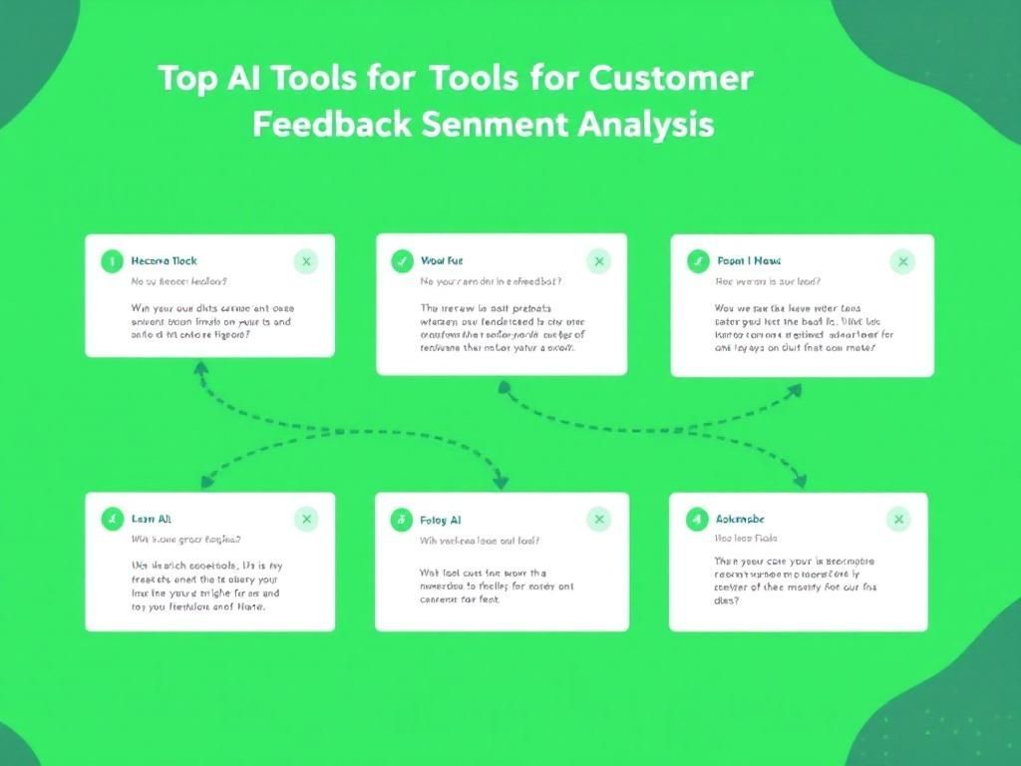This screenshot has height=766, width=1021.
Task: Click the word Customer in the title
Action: pos(671,78)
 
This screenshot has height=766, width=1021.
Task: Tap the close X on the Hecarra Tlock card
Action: pos(306,262)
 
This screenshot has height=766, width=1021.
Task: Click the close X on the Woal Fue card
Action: pos(599,262)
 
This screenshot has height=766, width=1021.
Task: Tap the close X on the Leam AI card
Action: pos(306,519)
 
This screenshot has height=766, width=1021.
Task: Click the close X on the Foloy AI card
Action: pos(599,519)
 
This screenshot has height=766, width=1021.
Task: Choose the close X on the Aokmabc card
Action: pos(899,519)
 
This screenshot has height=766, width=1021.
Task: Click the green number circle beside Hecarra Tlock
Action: pos(112,262)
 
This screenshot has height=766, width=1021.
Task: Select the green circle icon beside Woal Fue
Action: pos(402,262)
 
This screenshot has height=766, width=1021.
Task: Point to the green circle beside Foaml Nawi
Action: pos(698,262)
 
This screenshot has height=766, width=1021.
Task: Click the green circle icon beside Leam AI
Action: pos(112,519)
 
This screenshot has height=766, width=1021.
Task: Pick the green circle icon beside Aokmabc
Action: pos(698,519)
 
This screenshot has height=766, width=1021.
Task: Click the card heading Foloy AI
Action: pos(441,520)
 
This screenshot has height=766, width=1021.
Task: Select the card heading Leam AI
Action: pos(152,520)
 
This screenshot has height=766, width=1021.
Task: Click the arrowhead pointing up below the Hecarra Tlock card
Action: pos(200,368)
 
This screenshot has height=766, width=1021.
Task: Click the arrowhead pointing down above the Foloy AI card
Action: pos(501,481)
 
